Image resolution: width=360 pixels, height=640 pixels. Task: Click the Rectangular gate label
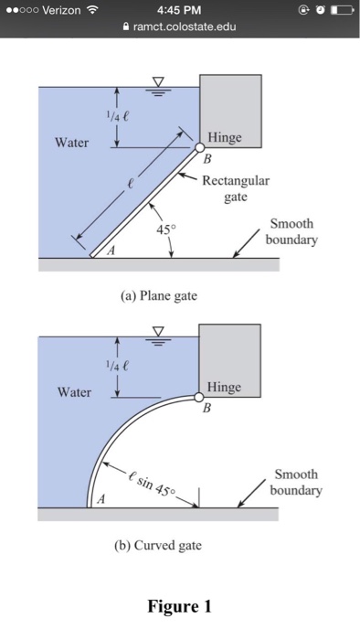tap(236, 187)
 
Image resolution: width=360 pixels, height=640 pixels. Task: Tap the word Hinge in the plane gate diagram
tap(225, 137)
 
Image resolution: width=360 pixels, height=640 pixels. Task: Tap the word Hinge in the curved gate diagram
tap(225, 388)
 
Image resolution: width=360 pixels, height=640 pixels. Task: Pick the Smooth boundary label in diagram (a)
tap(293, 232)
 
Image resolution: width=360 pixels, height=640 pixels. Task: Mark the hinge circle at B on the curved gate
tap(198, 398)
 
